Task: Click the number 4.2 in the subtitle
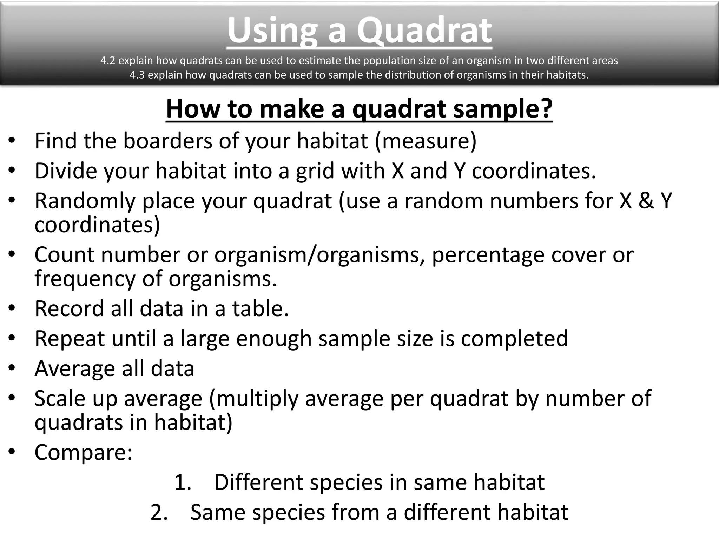(x=107, y=61)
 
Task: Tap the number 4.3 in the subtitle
(x=137, y=75)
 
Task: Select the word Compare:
(x=84, y=452)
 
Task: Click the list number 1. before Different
(x=183, y=483)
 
